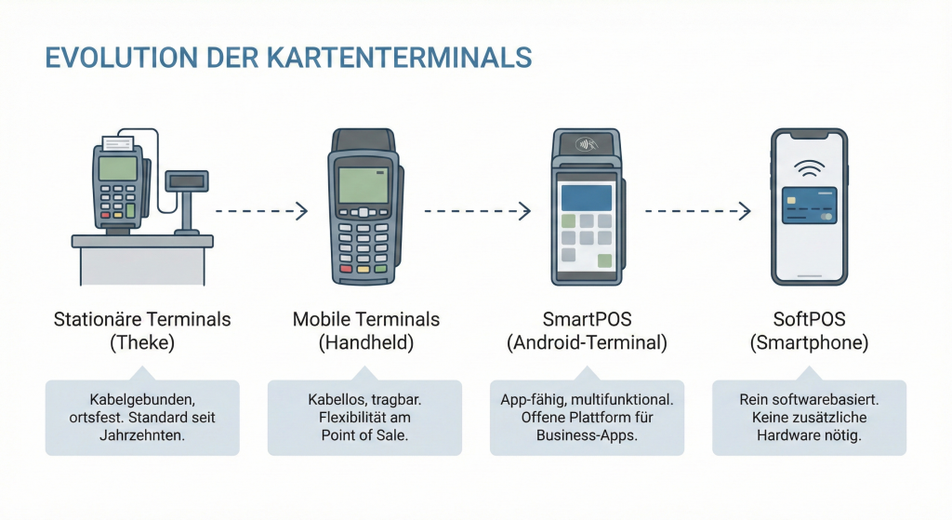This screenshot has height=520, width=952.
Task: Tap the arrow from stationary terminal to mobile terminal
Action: (260, 212)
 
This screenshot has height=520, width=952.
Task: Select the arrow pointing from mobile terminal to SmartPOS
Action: (477, 212)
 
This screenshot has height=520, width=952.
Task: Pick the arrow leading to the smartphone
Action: (697, 212)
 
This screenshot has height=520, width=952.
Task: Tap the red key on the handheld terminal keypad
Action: (346, 268)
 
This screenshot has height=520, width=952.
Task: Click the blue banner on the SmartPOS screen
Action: (586, 197)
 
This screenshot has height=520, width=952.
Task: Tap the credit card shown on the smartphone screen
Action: (809, 206)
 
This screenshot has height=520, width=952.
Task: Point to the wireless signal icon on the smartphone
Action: (809, 168)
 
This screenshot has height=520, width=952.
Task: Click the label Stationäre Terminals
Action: (142, 320)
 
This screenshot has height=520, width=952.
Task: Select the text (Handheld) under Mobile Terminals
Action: (365, 342)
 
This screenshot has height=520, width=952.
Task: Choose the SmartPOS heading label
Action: (587, 320)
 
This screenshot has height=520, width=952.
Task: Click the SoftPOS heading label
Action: (809, 320)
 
